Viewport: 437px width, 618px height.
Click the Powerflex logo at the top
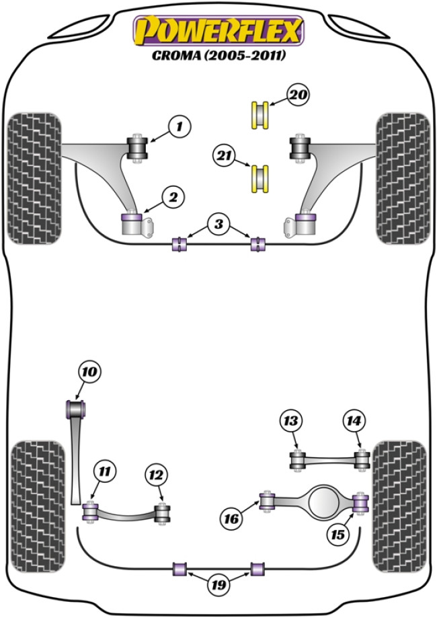click(x=218, y=30)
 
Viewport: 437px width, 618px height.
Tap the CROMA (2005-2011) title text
click(x=218, y=56)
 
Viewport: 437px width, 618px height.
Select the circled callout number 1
click(x=179, y=126)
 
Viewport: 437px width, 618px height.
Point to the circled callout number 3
click(x=217, y=223)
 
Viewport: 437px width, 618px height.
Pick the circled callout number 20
click(x=299, y=95)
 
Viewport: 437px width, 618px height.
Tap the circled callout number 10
click(x=90, y=371)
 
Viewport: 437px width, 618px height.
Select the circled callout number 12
click(x=156, y=475)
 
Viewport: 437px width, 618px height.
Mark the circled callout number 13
click(x=290, y=422)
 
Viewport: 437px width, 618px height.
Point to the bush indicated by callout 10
click(x=76, y=408)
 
